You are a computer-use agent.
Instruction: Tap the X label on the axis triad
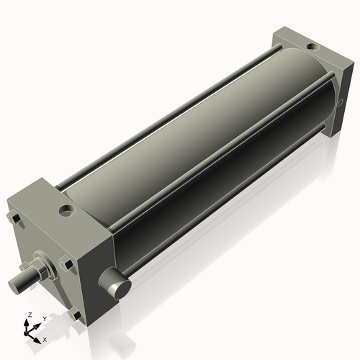45,338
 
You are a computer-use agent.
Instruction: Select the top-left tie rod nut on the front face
12,218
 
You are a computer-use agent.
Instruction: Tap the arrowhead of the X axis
39,336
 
